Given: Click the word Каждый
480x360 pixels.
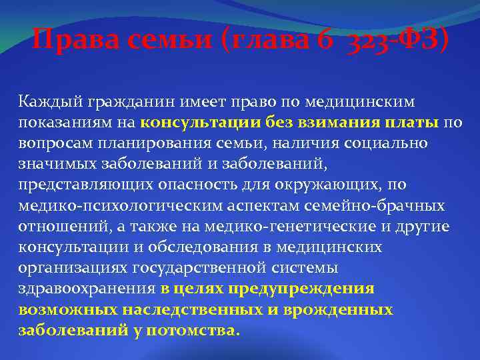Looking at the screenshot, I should point(48,102).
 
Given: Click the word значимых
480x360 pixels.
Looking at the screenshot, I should point(54,164).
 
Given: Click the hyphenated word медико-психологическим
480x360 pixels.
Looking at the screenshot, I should point(119,206).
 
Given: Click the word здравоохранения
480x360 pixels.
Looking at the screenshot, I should point(87,289).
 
